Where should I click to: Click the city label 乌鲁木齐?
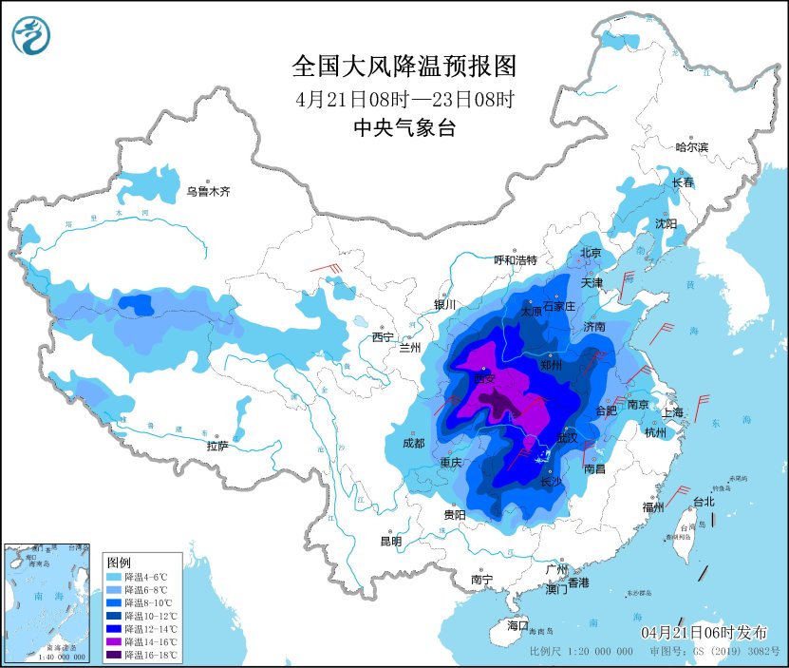tap(208, 192)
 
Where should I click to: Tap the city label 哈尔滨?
tap(692, 147)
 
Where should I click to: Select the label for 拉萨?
tap(216, 446)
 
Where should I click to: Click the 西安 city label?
tap(485, 377)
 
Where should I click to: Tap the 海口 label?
tap(517, 625)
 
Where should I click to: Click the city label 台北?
tap(703, 501)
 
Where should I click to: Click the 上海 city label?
tap(672, 412)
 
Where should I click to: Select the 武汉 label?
tap(567, 438)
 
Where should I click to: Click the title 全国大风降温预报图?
tap(404, 67)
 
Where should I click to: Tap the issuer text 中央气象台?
tap(404, 128)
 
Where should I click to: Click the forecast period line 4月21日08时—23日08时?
tap(404, 99)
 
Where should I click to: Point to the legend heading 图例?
tap(119, 562)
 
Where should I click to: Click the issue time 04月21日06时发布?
tap(704, 632)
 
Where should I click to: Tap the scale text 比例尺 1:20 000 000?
tap(581, 653)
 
